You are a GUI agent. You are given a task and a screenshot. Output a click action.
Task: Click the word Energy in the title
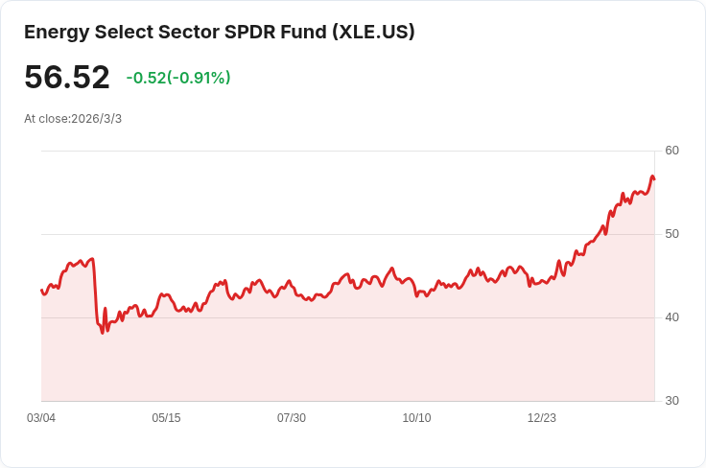click(x=56, y=32)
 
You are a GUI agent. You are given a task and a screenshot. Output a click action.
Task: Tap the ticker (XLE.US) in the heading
click(x=373, y=32)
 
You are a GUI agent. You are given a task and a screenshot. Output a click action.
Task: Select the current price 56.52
click(x=67, y=78)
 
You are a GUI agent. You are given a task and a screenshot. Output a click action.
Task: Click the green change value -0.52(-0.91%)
click(x=178, y=78)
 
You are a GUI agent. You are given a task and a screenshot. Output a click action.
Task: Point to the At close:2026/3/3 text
click(x=73, y=119)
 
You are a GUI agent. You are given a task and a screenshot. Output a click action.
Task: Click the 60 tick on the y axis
click(x=671, y=151)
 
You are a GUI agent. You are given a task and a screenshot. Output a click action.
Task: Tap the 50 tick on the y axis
click(x=671, y=234)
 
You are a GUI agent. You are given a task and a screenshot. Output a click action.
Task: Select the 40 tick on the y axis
click(x=671, y=317)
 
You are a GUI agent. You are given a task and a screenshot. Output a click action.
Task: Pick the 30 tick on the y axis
click(x=671, y=401)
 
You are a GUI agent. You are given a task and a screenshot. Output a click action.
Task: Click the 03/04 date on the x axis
click(x=41, y=418)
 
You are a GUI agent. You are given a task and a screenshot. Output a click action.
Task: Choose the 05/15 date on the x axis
click(x=166, y=418)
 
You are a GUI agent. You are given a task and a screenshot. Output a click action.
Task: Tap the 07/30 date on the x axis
click(x=292, y=418)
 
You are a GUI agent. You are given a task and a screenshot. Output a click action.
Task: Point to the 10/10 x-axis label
click(x=416, y=418)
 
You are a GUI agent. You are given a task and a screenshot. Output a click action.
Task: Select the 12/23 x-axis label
click(x=542, y=418)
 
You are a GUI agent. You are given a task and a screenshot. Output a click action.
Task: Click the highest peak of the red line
click(x=652, y=176)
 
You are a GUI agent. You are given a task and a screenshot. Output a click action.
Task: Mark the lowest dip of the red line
click(x=103, y=332)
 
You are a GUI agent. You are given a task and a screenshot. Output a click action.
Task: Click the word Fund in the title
click(x=301, y=32)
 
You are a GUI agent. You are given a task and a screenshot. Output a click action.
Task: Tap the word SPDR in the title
click(x=243, y=32)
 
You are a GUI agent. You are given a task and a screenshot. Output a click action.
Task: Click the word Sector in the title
click(x=178, y=32)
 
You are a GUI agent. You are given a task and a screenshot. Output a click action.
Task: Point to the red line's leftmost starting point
click(x=41, y=290)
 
